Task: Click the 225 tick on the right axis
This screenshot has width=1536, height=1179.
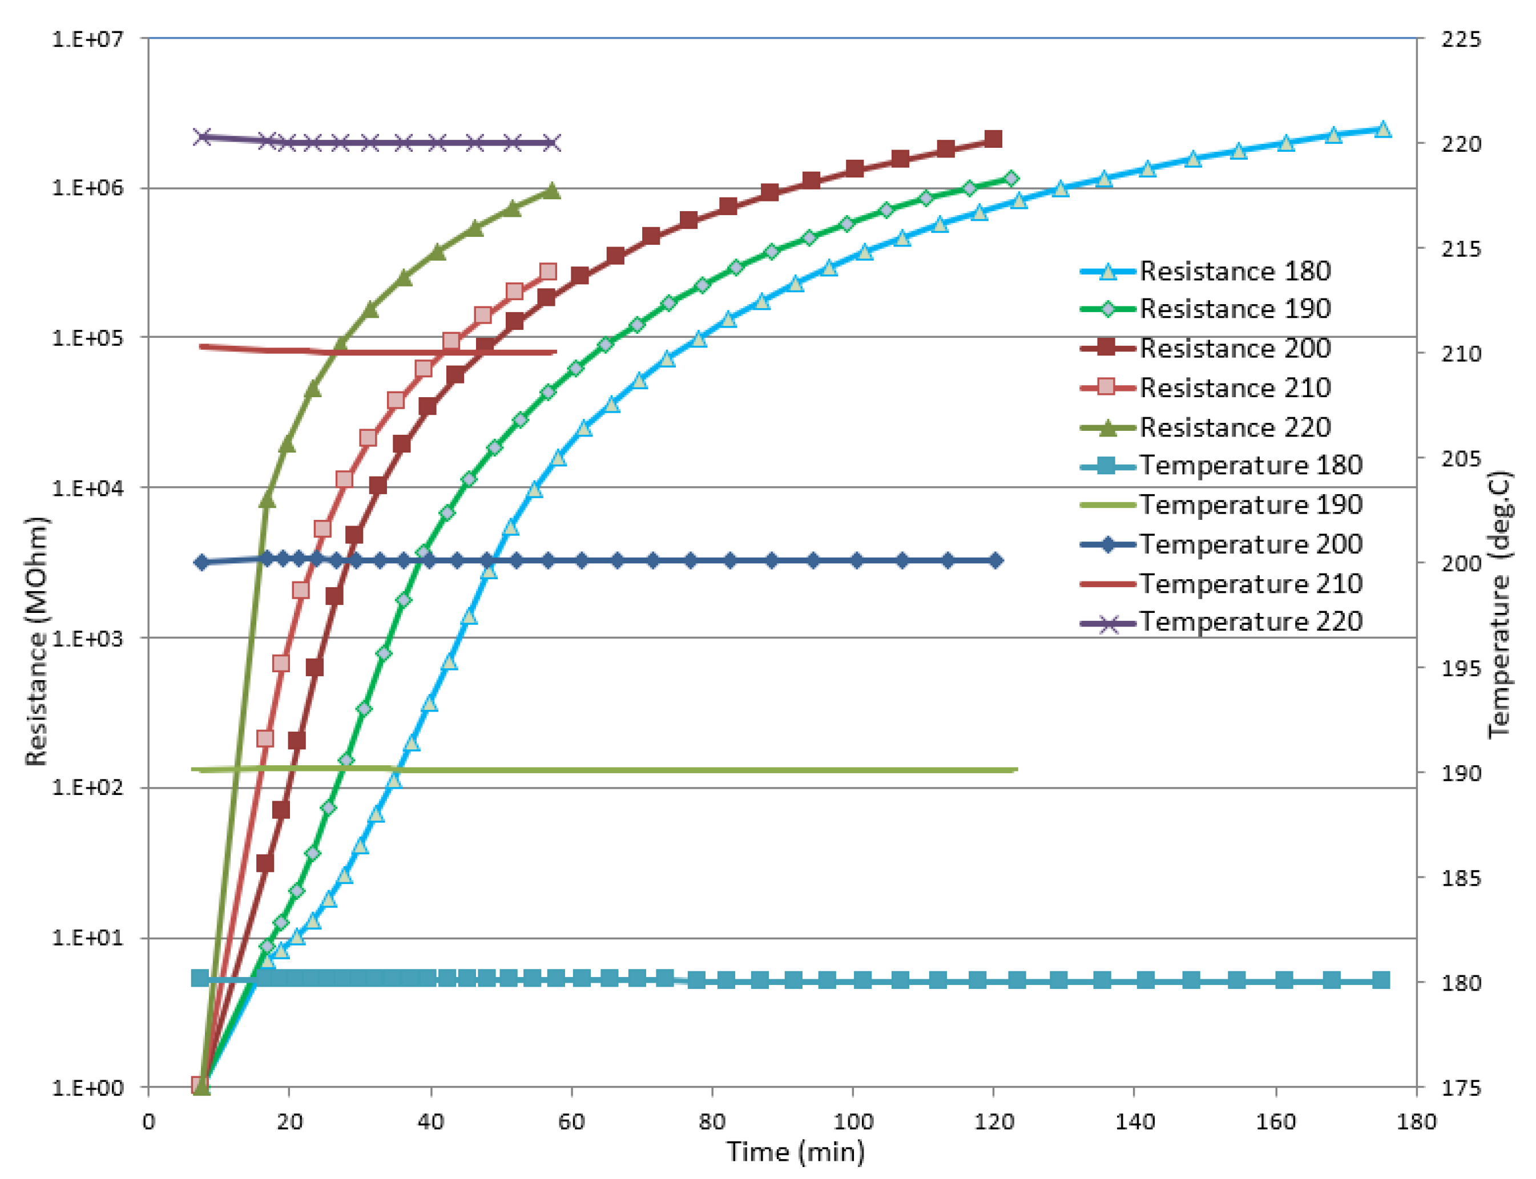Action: pyautogui.click(x=1460, y=39)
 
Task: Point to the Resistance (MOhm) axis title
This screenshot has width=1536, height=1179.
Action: pyautogui.click(x=37, y=641)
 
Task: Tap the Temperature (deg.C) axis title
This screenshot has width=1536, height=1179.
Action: pyautogui.click(x=1499, y=604)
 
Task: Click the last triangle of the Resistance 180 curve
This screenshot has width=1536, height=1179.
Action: pyautogui.click(x=1382, y=129)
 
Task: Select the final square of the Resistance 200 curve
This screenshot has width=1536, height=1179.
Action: pyautogui.click(x=993, y=139)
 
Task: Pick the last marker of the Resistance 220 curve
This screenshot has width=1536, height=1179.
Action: pyautogui.click(x=552, y=191)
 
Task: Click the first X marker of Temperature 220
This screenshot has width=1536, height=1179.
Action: pyautogui.click(x=202, y=136)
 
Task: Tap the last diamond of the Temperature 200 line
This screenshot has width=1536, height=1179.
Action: pyautogui.click(x=995, y=560)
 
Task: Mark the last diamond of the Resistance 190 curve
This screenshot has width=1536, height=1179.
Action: pyautogui.click(x=1011, y=179)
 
